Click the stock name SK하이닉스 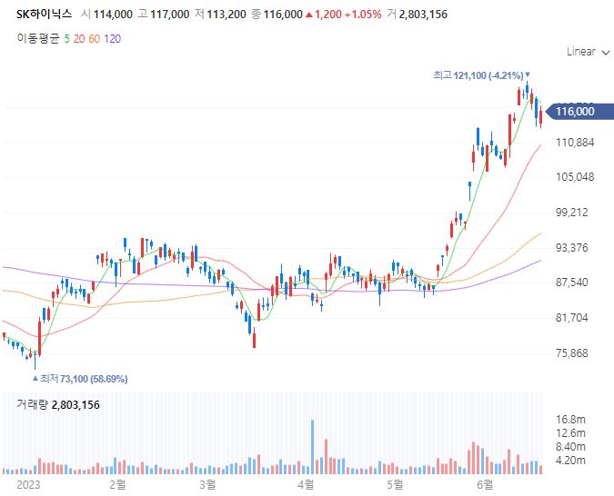(44, 15)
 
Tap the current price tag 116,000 (573, 111)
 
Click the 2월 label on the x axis (116, 484)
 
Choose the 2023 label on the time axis (29, 484)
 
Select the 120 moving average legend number (113, 38)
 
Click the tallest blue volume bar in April (312, 446)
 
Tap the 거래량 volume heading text (32, 405)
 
